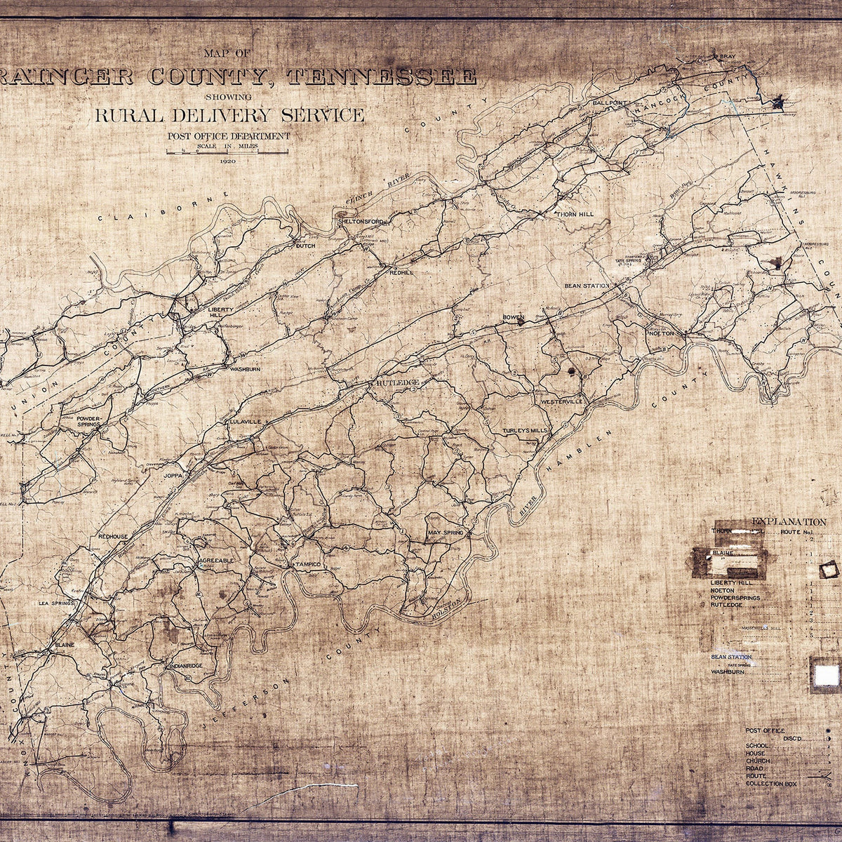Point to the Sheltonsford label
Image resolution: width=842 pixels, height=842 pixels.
(x=361, y=221)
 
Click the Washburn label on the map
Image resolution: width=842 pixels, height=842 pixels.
(x=243, y=368)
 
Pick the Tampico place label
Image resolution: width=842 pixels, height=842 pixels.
(x=305, y=564)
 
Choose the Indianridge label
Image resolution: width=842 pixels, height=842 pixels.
(x=185, y=664)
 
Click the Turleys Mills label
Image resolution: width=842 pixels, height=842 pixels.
(x=525, y=430)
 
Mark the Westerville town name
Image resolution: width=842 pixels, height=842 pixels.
(x=562, y=401)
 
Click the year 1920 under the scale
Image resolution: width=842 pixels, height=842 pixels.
(x=227, y=161)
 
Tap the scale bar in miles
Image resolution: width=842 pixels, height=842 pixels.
(x=227, y=152)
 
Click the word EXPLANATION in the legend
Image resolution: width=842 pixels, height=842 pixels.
(x=789, y=521)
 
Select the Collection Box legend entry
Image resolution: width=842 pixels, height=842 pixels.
(x=773, y=783)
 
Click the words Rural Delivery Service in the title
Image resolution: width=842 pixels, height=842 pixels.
(x=230, y=115)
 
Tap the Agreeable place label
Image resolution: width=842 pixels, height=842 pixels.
(x=216, y=561)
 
